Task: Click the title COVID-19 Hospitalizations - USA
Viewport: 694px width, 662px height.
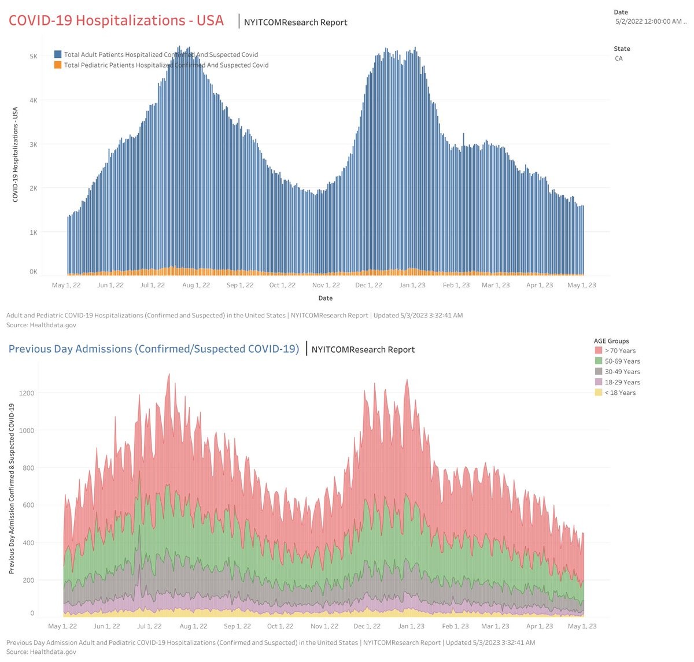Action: click(x=116, y=20)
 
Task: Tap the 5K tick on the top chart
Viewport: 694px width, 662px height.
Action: click(x=34, y=56)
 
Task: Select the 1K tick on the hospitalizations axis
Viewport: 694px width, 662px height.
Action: click(x=34, y=232)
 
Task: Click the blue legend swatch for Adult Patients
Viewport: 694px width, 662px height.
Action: click(x=58, y=54)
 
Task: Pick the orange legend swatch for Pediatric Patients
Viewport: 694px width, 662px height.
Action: click(x=58, y=65)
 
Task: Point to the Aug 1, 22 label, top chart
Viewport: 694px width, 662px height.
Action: click(x=195, y=285)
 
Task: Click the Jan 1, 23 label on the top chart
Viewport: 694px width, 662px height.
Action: click(x=412, y=285)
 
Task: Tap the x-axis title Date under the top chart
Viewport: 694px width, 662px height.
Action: click(x=325, y=298)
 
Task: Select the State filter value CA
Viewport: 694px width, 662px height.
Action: click(x=619, y=58)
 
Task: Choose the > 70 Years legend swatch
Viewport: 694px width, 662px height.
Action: click(x=598, y=350)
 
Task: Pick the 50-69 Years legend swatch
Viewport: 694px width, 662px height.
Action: click(x=598, y=361)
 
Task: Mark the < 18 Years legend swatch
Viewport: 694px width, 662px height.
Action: click(x=598, y=393)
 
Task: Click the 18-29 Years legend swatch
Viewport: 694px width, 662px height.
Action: click(x=598, y=382)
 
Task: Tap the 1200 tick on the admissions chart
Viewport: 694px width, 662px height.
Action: click(x=27, y=393)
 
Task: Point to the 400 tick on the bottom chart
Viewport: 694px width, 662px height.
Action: click(x=28, y=543)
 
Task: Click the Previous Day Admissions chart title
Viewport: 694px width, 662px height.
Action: click(x=153, y=349)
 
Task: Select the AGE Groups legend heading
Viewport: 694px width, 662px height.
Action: click(x=611, y=341)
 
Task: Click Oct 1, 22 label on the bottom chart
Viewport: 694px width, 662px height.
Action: click(x=280, y=626)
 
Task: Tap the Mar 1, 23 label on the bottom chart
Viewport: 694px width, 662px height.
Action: click(x=495, y=626)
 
